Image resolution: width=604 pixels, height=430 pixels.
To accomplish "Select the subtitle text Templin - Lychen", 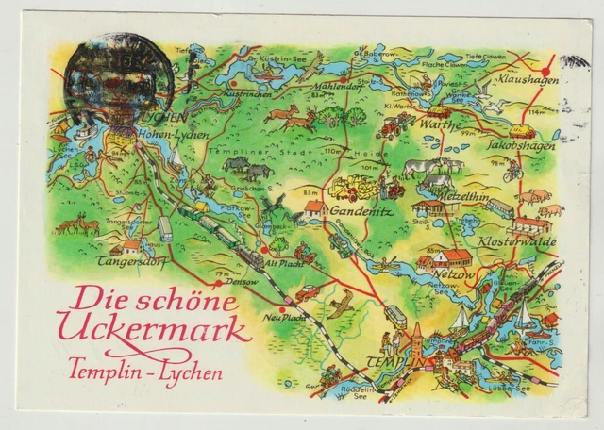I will pyautogui.click(x=146, y=370).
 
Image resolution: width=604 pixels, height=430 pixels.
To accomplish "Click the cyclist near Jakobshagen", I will pyautogui.click(x=512, y=171).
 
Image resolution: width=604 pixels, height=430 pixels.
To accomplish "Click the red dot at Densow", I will pyautogui.click(x=217, y=281).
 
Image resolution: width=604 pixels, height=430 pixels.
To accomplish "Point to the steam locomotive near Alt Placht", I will pyautogui.click(x=250, y=257).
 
